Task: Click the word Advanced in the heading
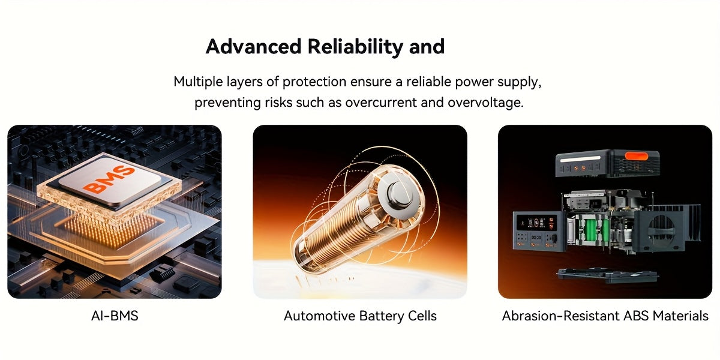coord(253,47)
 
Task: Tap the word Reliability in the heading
coord(355,47)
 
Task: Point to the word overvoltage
coord(485,103)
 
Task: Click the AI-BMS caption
coord(115,316)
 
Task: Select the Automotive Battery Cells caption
coord(360,316)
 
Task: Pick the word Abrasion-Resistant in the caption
coord(560,316)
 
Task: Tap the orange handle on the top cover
coord(636,156)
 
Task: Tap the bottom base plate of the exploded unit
coord(607,276)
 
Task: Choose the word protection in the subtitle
coord(314,82)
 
